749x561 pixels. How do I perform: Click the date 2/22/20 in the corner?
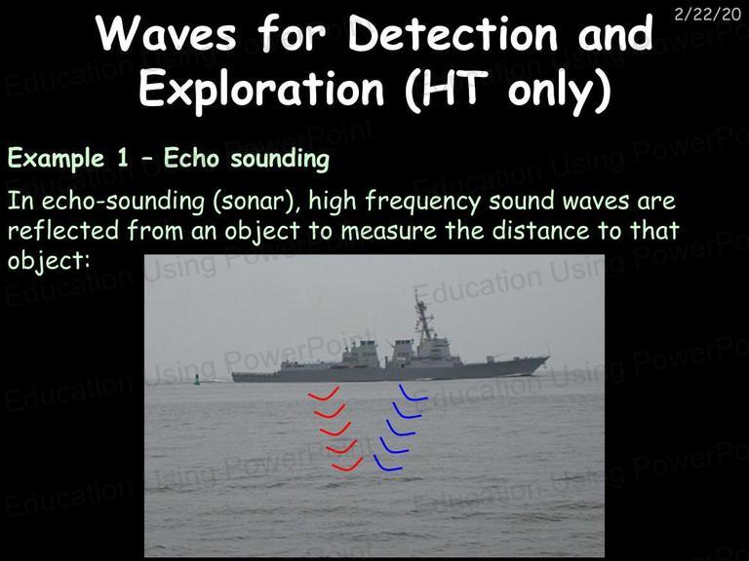coord(707,14)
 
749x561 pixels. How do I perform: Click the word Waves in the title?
coord(166,34)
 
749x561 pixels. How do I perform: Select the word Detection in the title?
coord(452,33)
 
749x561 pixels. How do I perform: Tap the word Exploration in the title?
coord(261,88)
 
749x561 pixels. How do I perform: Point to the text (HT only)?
coord(507,90)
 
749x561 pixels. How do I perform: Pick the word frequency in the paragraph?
coord(422,202)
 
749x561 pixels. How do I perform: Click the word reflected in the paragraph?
coord(63,231)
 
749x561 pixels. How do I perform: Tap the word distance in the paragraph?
coord(540,231)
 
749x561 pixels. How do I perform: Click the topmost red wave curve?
coord(324,394)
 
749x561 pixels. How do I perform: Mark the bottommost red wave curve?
coord(347,466)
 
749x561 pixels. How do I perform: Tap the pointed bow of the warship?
coord(544,359)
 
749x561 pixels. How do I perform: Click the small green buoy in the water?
coord(196,380)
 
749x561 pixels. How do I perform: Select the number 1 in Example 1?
coord(123,158)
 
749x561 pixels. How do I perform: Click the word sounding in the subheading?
coord(280,160)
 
